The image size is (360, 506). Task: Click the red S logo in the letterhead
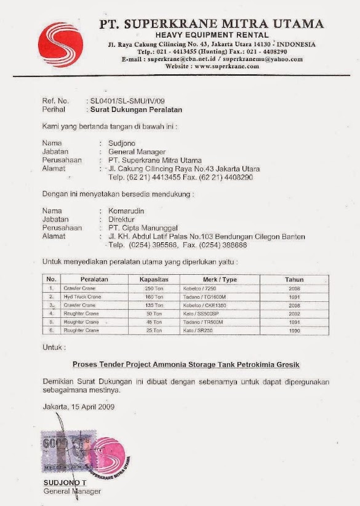(x=60, y=45)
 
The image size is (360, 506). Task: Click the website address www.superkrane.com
(x=212, y=66)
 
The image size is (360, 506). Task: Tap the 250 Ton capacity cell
(x=153, y=288)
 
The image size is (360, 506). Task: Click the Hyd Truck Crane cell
(x=82, y=296)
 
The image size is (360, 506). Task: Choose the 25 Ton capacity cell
(x=154, y=330)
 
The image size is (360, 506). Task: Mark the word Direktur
(x=121, y=218)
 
